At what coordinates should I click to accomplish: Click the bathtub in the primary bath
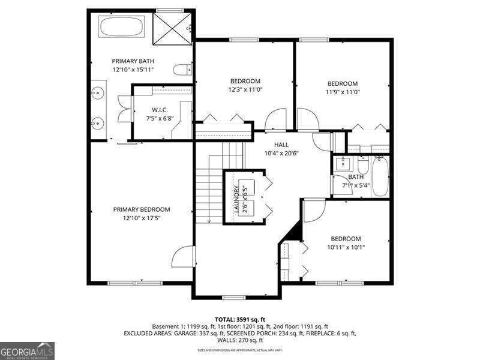pyautogui.click(x=122, y=27)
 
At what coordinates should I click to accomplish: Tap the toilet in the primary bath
pyautogui.click(x=182, y=70)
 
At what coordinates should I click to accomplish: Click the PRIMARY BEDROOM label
pyautogui.click(x=142, y=209)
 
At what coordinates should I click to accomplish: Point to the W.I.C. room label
pyautogui.click(x=159, y=110)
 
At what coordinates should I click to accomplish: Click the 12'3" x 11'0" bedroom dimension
pyautogui.click(x=245, y=89)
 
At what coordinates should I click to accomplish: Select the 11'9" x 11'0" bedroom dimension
pyautogui.click(x=342, y=92)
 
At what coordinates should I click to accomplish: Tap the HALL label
pyautogui.click(x=281, y=145)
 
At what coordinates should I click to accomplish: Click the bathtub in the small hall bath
pyautogui.click(x=379, y=176)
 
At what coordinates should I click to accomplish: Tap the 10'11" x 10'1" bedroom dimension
pyautogui.click(x=346, y=247)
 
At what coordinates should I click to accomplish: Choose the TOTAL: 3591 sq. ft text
pyautogui.click(x=240, y=319)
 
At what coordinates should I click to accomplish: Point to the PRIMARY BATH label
pyautogui.click(x=133, y=61)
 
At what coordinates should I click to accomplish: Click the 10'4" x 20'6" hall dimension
pyautogui.click(x=281, y=153)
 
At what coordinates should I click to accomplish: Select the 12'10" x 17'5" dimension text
pyautogui.click(x=142, y=218)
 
